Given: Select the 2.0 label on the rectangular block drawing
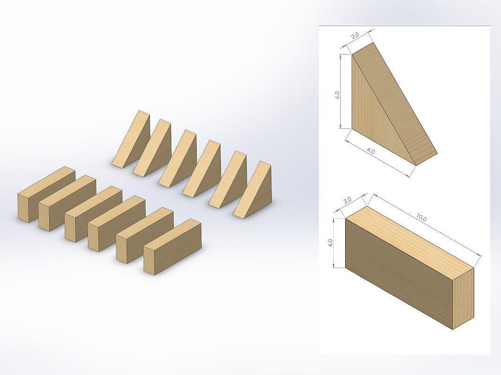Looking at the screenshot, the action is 347,200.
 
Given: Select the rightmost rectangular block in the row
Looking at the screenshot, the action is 172,246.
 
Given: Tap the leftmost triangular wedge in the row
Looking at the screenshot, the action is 131,139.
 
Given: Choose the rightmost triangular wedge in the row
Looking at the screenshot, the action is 253,190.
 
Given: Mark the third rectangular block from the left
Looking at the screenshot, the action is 93,214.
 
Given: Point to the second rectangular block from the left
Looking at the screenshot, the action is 67,203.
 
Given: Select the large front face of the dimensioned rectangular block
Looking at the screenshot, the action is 399,274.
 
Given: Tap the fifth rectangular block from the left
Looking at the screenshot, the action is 145,236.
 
